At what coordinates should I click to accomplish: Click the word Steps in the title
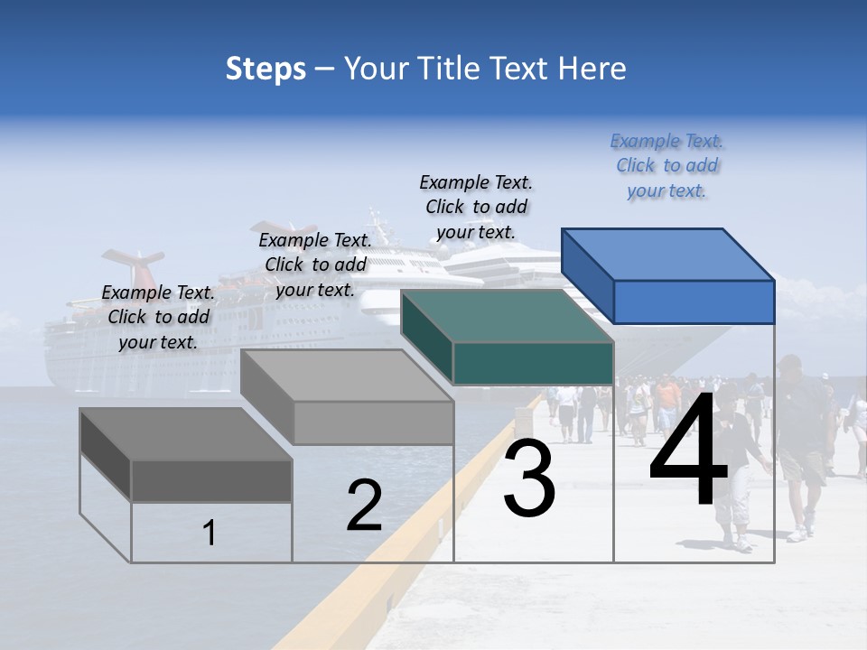266,69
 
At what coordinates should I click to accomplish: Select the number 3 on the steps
529,478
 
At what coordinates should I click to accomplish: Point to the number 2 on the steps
364,506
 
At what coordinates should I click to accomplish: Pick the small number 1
210,534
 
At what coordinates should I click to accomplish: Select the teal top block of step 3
508,336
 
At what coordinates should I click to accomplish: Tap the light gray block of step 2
348,397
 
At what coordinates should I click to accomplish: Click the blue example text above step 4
667,166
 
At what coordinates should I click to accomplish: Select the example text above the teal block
476,207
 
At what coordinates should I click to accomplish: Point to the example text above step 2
315,265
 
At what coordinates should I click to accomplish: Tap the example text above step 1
158,317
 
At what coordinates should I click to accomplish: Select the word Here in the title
592,69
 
